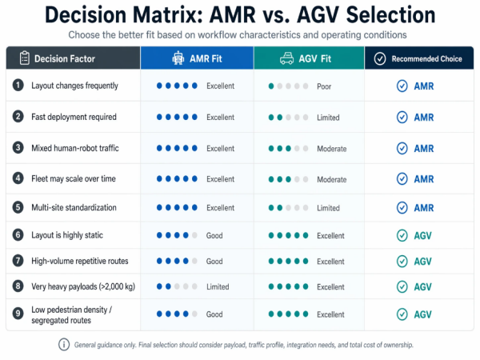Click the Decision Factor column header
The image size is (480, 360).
point(66,58)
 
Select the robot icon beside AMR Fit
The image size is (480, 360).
point(178,58)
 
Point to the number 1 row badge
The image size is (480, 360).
point(18,86)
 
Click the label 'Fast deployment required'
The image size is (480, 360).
point(74,117)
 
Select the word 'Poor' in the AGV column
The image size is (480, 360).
point(324,86)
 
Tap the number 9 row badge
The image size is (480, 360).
point(18,314)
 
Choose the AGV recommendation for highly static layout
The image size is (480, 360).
point(423,235)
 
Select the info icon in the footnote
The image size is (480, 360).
point(64,345)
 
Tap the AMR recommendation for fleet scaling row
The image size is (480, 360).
point(423,179)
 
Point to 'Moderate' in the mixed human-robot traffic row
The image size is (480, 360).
point(331,148)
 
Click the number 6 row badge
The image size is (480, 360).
point(18,235)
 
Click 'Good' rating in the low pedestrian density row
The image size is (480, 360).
point(214,314)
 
